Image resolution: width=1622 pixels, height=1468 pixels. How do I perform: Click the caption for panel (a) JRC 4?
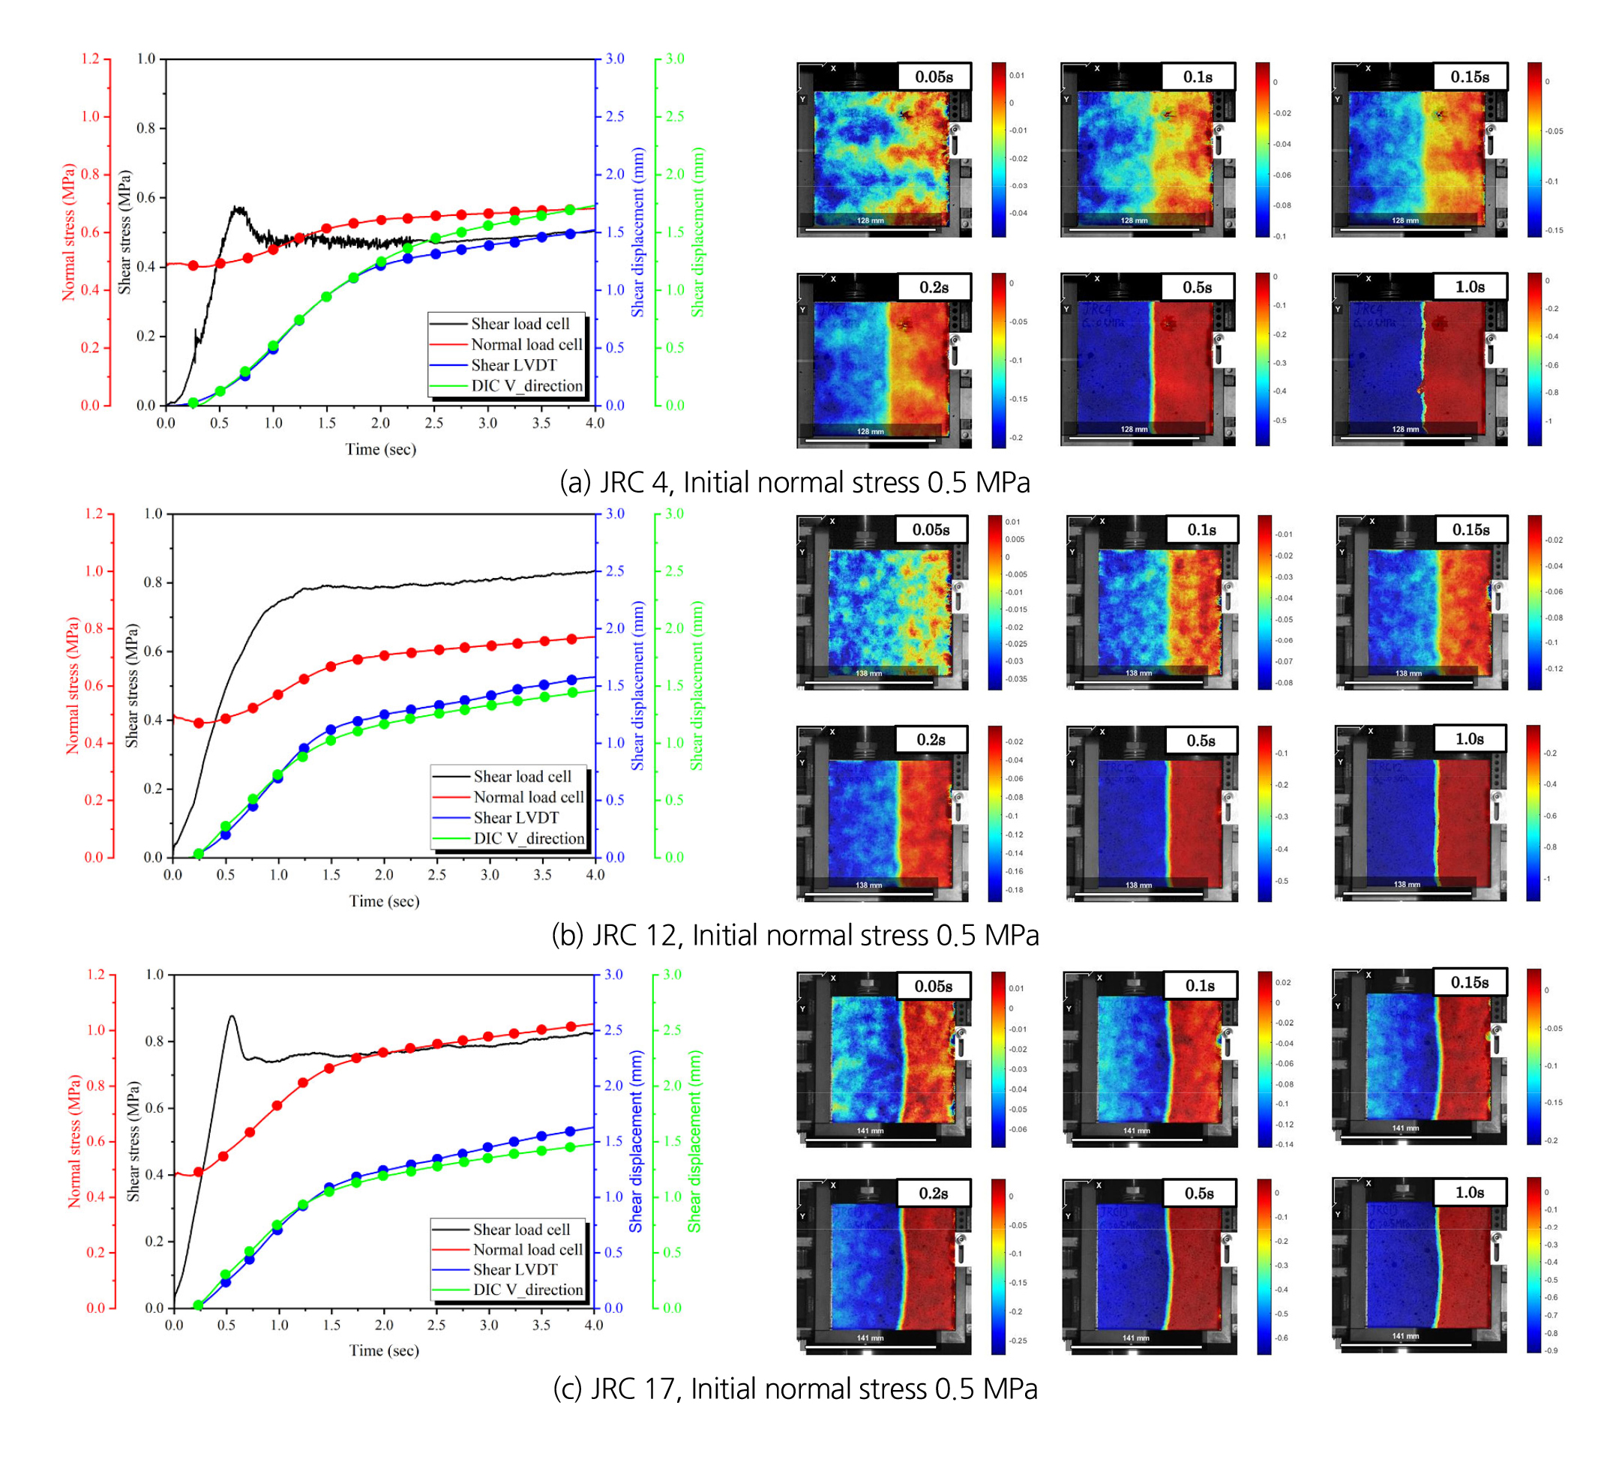pos(794,483)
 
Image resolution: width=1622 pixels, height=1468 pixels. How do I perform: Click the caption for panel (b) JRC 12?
pos(794,936)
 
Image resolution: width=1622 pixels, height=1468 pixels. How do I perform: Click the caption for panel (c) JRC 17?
pos(794,1389)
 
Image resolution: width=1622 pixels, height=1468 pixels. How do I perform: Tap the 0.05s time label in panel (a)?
pos(934,77)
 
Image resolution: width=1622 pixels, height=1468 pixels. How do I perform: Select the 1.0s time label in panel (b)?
pos(1468,739)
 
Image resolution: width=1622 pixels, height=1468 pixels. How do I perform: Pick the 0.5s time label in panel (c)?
pos(1198,1194)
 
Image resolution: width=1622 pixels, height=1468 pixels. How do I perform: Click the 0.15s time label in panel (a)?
pos(1469,77)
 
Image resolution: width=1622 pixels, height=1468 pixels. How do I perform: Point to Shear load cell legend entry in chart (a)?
pos(520,324)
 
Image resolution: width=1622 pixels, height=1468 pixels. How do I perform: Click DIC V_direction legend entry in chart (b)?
pos(529,838)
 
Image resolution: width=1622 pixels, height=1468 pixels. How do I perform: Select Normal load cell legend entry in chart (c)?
pos(527,1249)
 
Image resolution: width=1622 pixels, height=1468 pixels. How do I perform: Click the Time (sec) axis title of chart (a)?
pos(380,450)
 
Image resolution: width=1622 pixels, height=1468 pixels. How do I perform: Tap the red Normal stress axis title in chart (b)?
pos(73,685)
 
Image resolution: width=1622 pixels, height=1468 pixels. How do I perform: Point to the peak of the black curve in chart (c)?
pos(232,1016)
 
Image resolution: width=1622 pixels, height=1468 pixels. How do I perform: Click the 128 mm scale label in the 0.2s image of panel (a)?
pos(870,431)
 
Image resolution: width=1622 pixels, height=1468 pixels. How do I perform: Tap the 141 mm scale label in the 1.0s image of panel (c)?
pos(1405,1336)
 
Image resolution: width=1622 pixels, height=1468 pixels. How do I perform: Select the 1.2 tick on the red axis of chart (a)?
pos(90,58)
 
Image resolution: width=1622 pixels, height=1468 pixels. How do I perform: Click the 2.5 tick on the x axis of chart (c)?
pos(436,1325)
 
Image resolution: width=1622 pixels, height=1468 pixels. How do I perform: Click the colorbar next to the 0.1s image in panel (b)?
pos(1265,603)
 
